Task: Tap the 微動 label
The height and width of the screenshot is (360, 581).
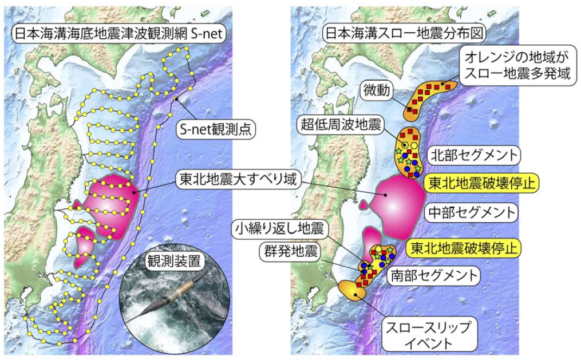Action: (x=375, y=90)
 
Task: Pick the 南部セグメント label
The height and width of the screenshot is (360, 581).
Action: (x=433, y=275)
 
